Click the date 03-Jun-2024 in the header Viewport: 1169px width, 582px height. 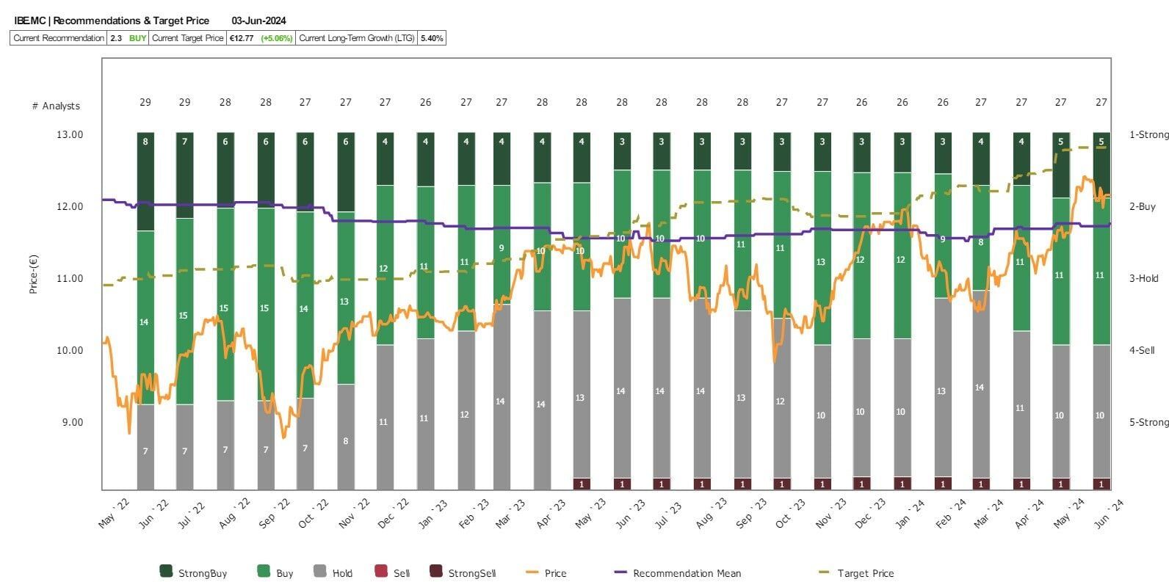point(258,21)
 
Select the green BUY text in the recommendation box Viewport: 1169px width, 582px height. point(137,38)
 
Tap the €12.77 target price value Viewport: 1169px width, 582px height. point(242,38)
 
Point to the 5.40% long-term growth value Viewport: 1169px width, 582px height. point(432,38)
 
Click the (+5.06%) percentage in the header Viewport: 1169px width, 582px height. point(277,38)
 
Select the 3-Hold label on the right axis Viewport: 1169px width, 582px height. point(1143,278)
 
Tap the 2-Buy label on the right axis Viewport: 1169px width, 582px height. point(1142,206)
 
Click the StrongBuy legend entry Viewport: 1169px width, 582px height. point(202,573)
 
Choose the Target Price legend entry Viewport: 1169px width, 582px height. point(865,573)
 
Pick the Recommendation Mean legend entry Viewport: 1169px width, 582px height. point(687,573)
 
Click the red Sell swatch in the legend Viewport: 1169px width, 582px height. point(380,571)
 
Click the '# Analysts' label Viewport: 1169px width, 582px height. point(56,106)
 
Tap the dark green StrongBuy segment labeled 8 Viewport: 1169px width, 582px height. point(145,181)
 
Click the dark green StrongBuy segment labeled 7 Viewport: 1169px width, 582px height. point(185,175)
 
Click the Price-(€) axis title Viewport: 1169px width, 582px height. point(33,274)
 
